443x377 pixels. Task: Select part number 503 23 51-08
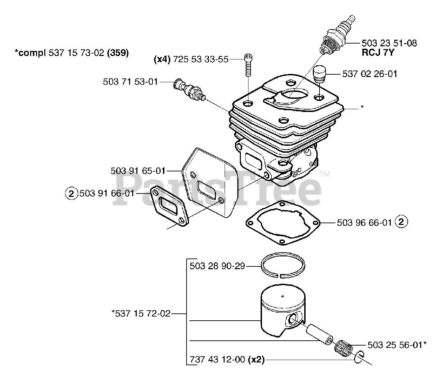pyautogui.click(x=389, y=43)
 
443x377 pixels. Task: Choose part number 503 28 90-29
pyautogui.click(x=217, y=266)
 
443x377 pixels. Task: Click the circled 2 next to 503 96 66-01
pyautogui.click(x=401, y=222)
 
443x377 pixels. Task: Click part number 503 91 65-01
pyautogui.click(x=138, y=171)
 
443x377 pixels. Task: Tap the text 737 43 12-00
pyautogui.click(x=217, y=360)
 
